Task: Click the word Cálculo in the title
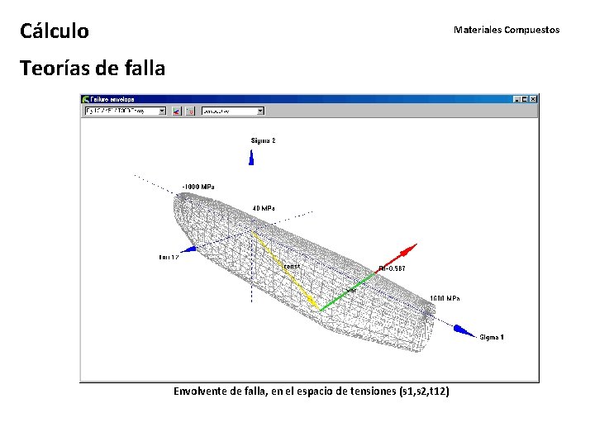(x=55, y=31)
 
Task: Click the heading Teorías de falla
(x=92, y=68)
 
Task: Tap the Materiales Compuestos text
(x=506, y=30)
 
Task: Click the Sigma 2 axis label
(x=263, y=141)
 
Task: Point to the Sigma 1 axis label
(x=493, y=337)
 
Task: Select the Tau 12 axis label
(x=169, y=258)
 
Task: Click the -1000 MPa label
(x=198, y=187)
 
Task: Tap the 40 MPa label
(x=264, y=208)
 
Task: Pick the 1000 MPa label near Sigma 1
(x=445, y=298)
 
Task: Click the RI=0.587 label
(x=392, y=268)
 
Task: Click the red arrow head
(x=409, y=249)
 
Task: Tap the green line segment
(x=347, y=290)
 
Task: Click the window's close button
(x=533, y=98)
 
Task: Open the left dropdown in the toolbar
(x=162, y=110)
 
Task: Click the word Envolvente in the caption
(x=201, y=391)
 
